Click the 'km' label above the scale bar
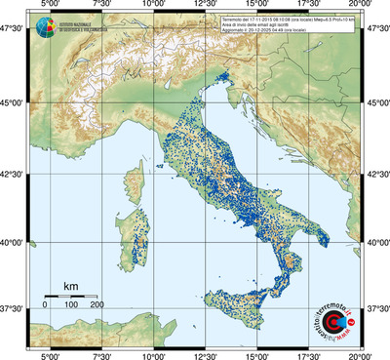click(70, 286)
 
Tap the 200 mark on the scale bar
click(97, 305)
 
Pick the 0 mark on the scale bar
click(45, 305)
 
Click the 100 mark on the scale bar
click(70, 305)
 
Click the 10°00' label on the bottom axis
click(152, 355)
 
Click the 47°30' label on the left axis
click(14, 31)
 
